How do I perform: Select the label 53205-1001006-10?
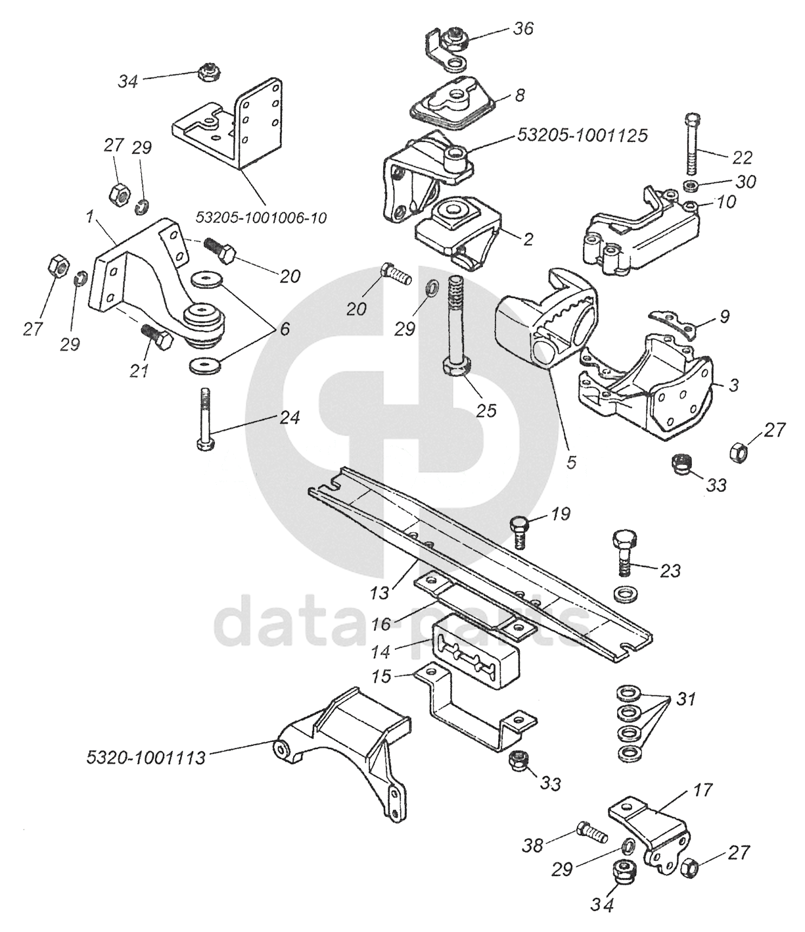point(262,216)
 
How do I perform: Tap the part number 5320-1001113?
point(146,758)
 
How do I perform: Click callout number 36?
point(523,29)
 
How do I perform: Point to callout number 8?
point(519,96)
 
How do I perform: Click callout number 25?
point(487,410)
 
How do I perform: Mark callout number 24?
point(290,417)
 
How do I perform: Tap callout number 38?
point(533,845)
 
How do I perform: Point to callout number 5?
point(571,462)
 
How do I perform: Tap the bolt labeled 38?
point(591,832)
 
